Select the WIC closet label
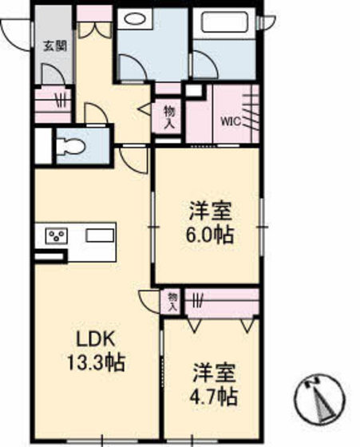pos(231,122)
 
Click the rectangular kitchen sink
pos(101,236)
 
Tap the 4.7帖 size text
pos(213,395)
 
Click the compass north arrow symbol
pos(322,399)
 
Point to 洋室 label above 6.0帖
pos(210,213)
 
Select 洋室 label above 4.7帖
pos(213,373)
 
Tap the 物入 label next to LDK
pos(172,301)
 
